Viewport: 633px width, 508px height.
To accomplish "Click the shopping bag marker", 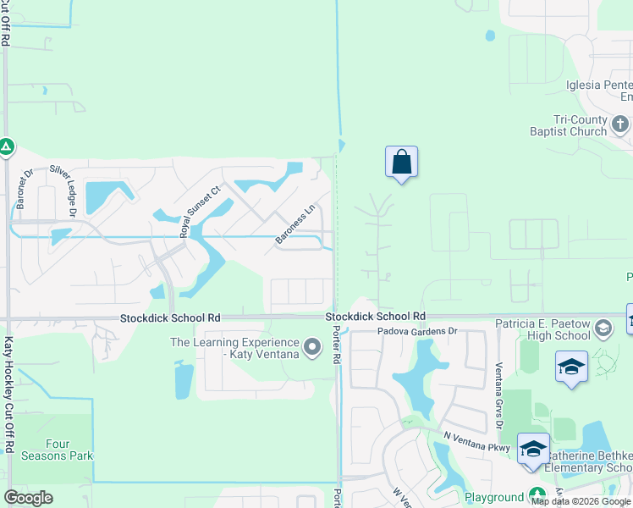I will coord(401,162).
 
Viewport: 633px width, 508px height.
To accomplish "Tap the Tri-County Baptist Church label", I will coord(569,126).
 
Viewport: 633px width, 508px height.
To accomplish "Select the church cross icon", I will coord(620,125).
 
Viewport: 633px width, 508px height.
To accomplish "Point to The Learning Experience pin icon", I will coord(312,346).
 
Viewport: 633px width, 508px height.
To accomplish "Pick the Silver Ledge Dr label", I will coord(63,191).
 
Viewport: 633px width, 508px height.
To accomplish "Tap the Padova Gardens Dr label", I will coord(417,332).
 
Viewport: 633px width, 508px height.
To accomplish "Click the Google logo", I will coord(29,498).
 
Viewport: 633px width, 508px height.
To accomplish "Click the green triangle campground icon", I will coord(7,146).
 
